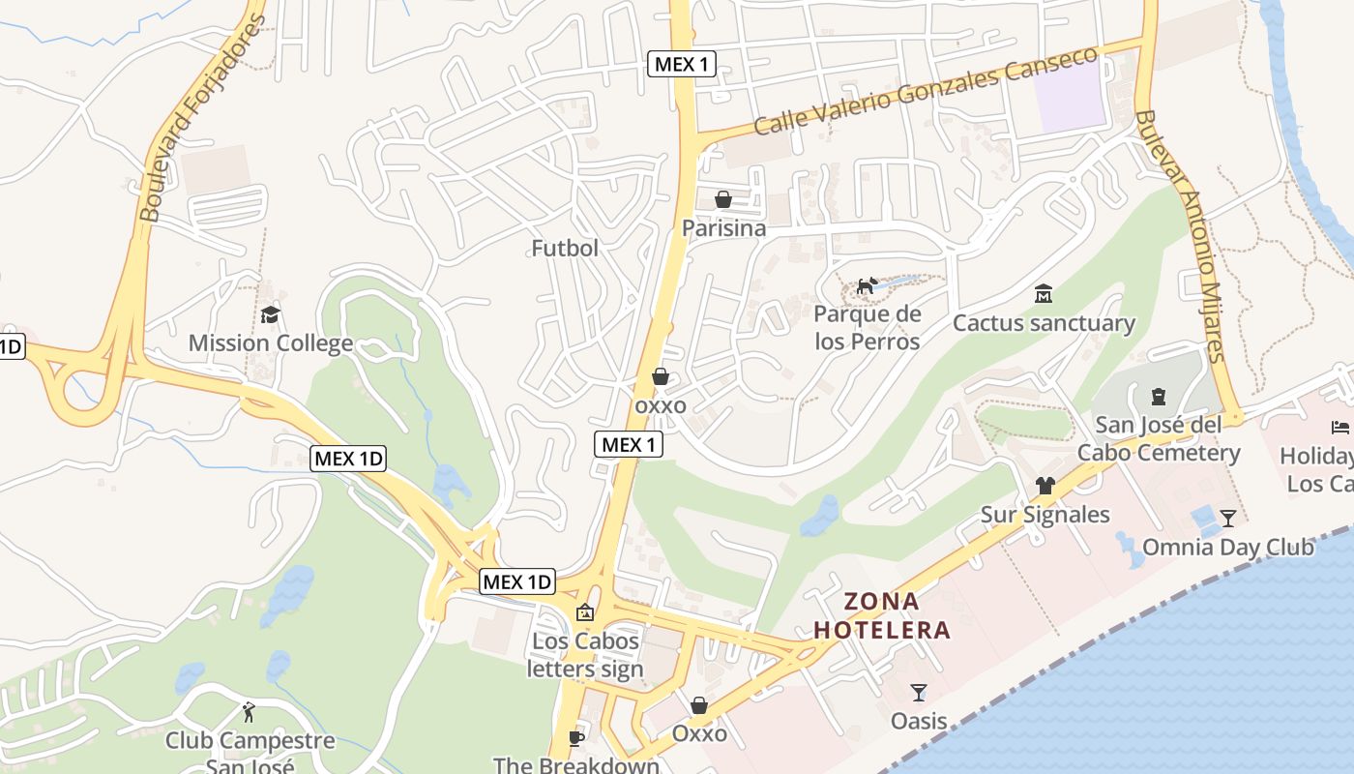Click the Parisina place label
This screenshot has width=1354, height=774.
coord(723,228)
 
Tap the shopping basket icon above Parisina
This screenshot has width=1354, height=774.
coord(723,199)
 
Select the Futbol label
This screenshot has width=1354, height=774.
coord(565,248)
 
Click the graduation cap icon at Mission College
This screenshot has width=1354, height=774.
coord(270,314)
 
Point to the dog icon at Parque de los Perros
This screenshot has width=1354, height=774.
coord(867,285)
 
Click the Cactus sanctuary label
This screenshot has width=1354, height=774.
coord(1044,323)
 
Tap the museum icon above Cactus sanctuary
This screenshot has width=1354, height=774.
coord(1044,293)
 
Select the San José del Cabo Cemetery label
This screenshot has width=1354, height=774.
coord(1158,439)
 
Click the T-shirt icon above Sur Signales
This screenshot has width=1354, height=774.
coord(1045,485)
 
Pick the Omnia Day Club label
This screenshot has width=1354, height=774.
coord(1227,548)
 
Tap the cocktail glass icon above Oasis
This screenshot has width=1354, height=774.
coord(919,692)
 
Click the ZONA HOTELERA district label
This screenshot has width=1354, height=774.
coord(882,616)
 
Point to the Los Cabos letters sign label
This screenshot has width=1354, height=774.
coord(585,655)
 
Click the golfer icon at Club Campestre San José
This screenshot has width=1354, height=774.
coord(250,712)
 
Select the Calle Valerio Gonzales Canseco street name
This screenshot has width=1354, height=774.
coord(927,91)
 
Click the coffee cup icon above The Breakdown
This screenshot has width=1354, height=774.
coord(576,738)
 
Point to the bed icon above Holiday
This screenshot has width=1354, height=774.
coord(1340,427)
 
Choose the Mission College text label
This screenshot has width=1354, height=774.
coord(270,343)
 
